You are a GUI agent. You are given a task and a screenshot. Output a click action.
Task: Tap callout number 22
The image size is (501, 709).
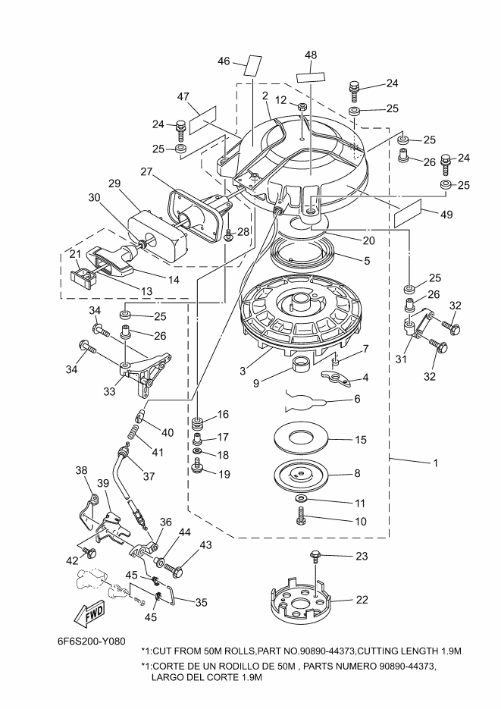click(362, 600)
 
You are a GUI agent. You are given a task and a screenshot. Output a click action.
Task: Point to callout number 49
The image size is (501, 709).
click(446, 215)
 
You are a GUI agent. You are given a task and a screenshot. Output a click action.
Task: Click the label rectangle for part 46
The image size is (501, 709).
click(253, 66)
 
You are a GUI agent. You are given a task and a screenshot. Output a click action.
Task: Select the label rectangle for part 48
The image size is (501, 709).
click(312, 77)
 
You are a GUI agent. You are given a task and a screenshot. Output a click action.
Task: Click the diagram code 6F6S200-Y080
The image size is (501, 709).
click(92, 642)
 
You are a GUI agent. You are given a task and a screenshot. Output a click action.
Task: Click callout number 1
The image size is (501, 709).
click(436, 463)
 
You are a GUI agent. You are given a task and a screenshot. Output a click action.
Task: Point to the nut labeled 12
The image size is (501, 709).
click(303, 107)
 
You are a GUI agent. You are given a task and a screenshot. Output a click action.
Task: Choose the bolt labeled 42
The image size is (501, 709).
click(90, 552)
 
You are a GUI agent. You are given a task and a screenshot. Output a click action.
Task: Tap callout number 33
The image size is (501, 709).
click(109, 391)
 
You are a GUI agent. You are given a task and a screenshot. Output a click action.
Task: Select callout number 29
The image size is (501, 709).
click(114, 184)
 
